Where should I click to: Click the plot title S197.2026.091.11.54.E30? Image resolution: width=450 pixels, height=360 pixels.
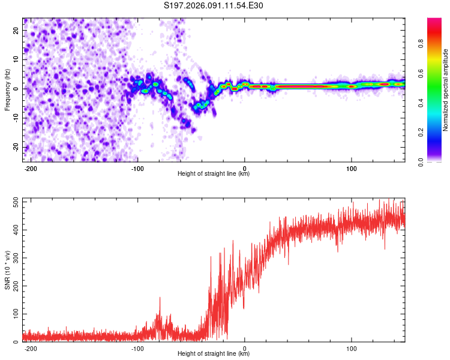[214, 6]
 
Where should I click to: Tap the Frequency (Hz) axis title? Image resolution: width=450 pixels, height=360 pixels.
[7, 89]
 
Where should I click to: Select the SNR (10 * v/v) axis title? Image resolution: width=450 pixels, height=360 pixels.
[7, 270]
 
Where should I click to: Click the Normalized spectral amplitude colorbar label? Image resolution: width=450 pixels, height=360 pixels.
[446, 90]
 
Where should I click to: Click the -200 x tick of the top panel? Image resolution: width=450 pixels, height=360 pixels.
[30, 167]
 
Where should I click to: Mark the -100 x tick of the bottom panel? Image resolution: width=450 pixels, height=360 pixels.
[137, 348]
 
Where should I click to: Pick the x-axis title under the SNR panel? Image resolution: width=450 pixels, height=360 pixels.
[214, 355]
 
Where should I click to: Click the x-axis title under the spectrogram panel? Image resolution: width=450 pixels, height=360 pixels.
[214, 174]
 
